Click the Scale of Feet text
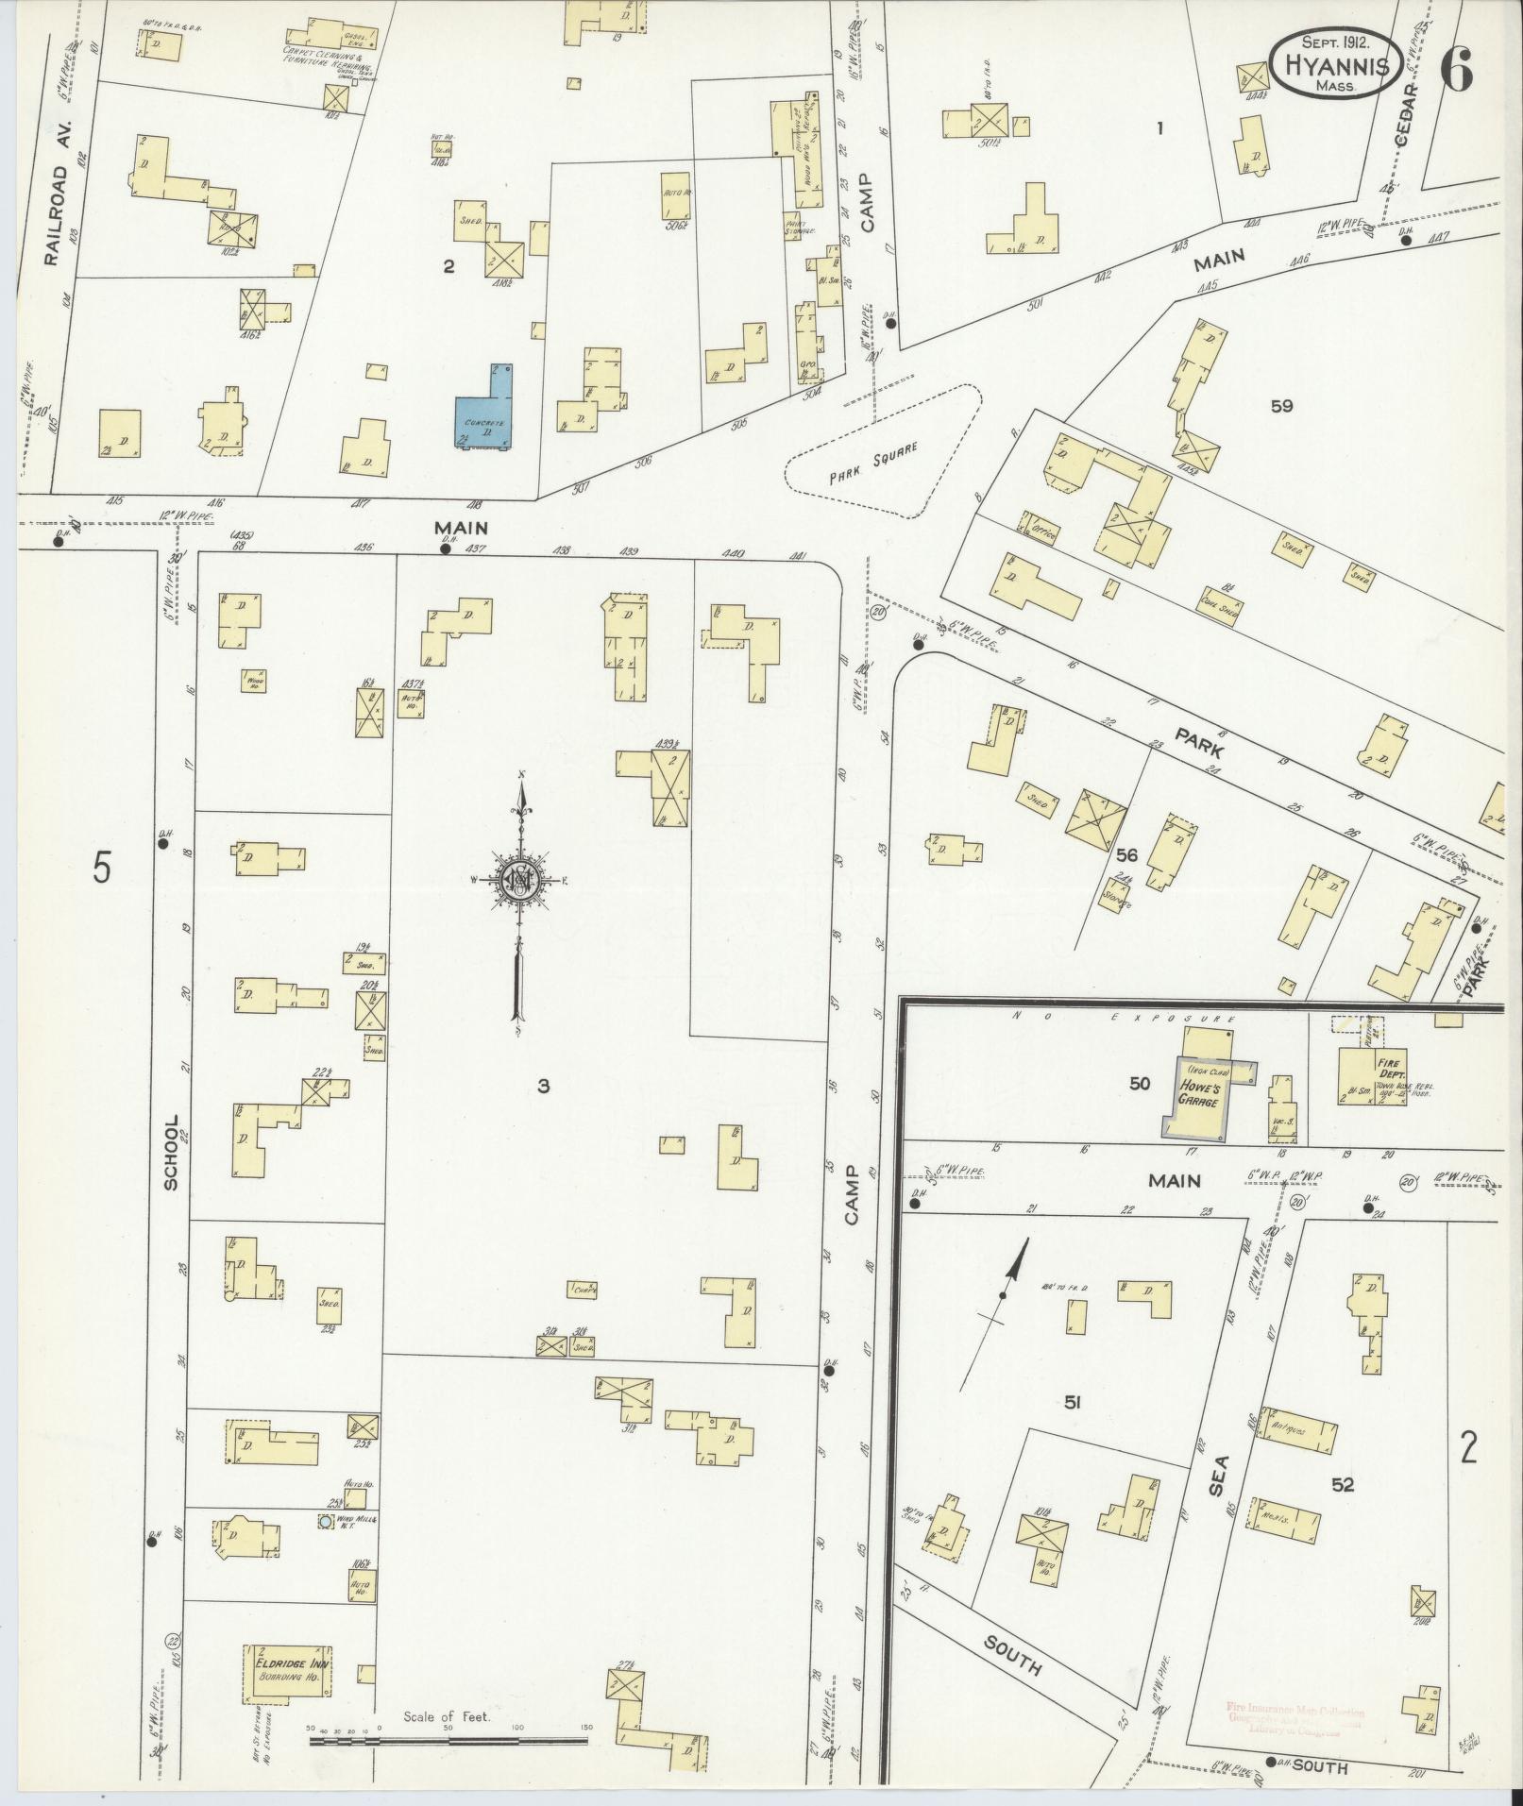pyautogui.click(x=447, y=1717)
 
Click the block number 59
pyautogui.click(x=1281, y=407)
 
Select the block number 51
pyautogui.click(x=1071, y=1404)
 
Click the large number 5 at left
pyautogui.click(x=101, y=867)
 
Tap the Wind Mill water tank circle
pyautogui.click(x=326, y=1523)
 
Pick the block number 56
pyautogui.click(x=1125, y=855)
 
